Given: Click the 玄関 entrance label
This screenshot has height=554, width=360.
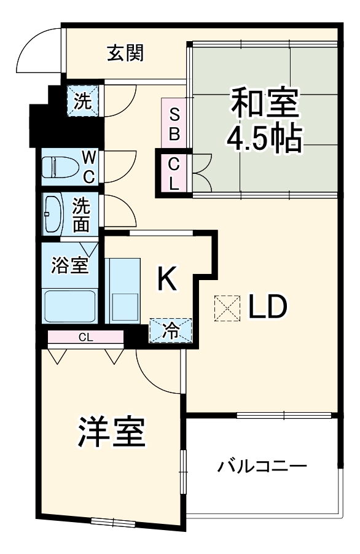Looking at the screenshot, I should [126, 54].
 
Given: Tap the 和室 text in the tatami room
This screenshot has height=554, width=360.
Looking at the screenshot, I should [264, 104].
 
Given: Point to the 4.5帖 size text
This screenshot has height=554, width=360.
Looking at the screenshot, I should [264, 140].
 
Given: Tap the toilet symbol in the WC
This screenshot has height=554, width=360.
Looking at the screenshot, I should [59, 167].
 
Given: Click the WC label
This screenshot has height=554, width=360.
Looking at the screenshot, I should [88, 167].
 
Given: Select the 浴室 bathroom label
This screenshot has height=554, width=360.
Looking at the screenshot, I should [69, 266].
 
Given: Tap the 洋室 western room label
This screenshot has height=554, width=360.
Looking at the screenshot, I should [111, 434].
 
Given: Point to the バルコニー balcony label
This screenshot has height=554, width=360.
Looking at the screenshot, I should [262, 467].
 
